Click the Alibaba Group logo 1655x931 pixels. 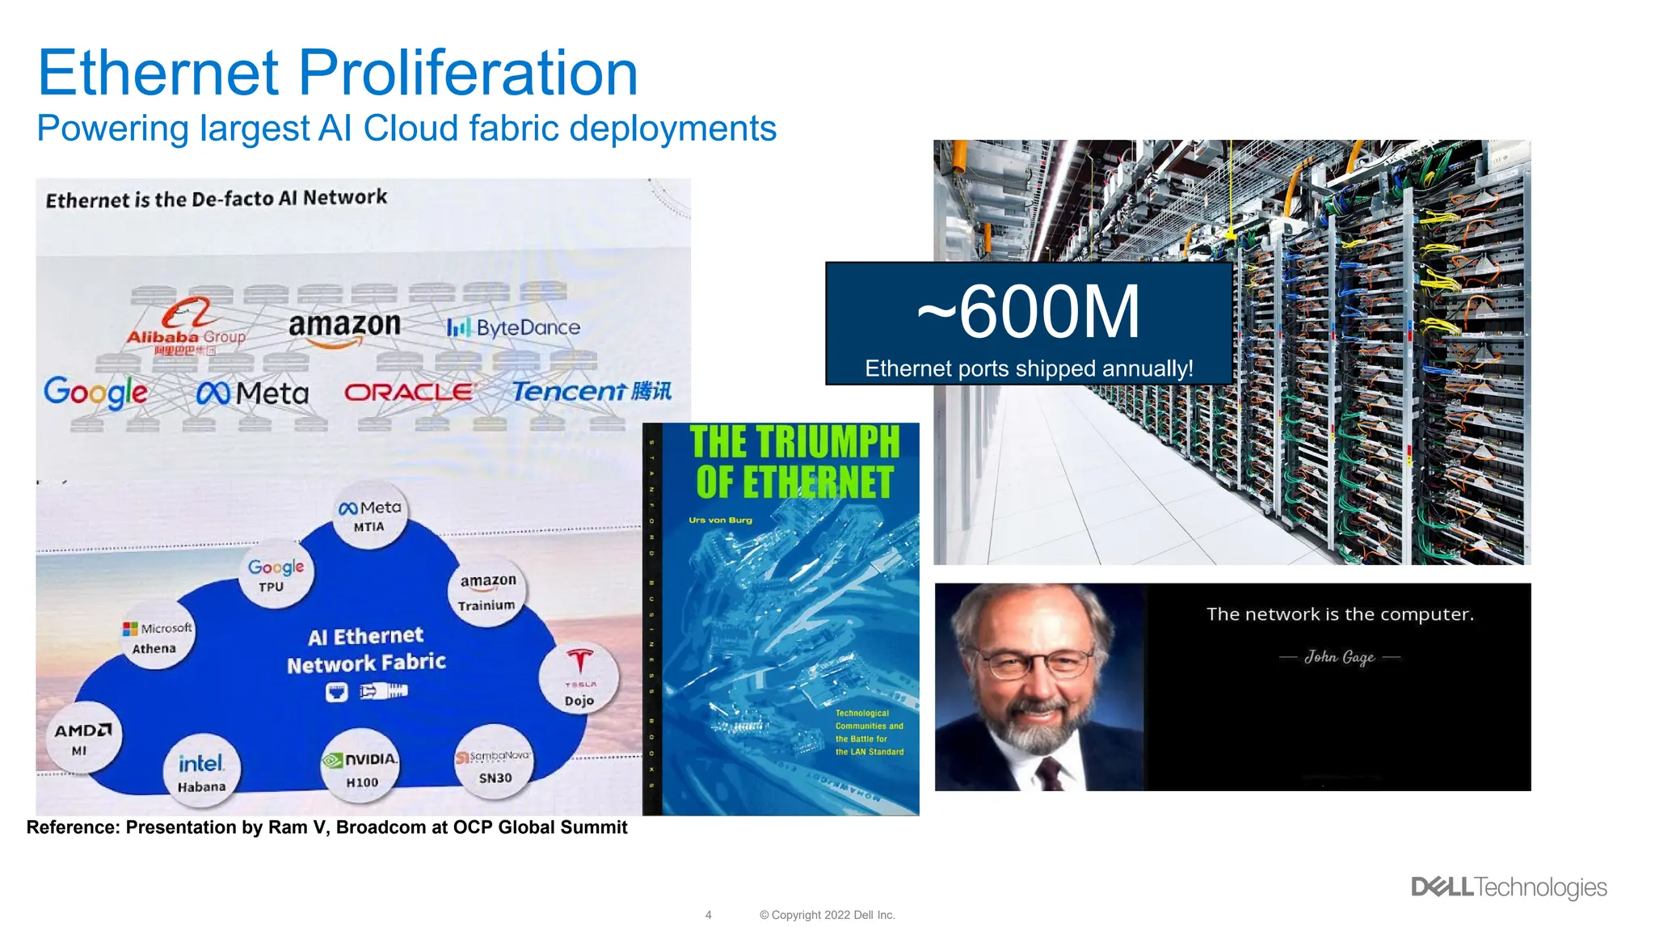[x=186, y=326]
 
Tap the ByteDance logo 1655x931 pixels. [x=514, y=327]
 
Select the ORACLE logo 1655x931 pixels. [x=409, y=393]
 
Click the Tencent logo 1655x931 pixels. [x=592, y=391]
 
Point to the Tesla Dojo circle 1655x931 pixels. [x=579, y=678]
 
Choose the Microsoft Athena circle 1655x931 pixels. [x=157, y=637]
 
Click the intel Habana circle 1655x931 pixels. [x=201, y=773]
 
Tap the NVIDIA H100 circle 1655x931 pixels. [x=361, y=769]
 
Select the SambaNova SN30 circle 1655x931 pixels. [x=494, y=765]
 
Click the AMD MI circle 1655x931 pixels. [x=81, y=739]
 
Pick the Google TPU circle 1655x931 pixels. [x=276, y=575]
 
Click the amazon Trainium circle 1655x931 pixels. [x=487, y=592]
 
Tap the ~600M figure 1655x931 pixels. [x=1029, y=313]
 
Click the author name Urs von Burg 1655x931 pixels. [x=720, y=520]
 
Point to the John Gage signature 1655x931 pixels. [x=1339, y=657]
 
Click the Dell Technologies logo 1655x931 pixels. [x=1509, y=887]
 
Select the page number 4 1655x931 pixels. [x=708, y=915]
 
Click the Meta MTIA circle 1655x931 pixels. [x=369, y=515]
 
